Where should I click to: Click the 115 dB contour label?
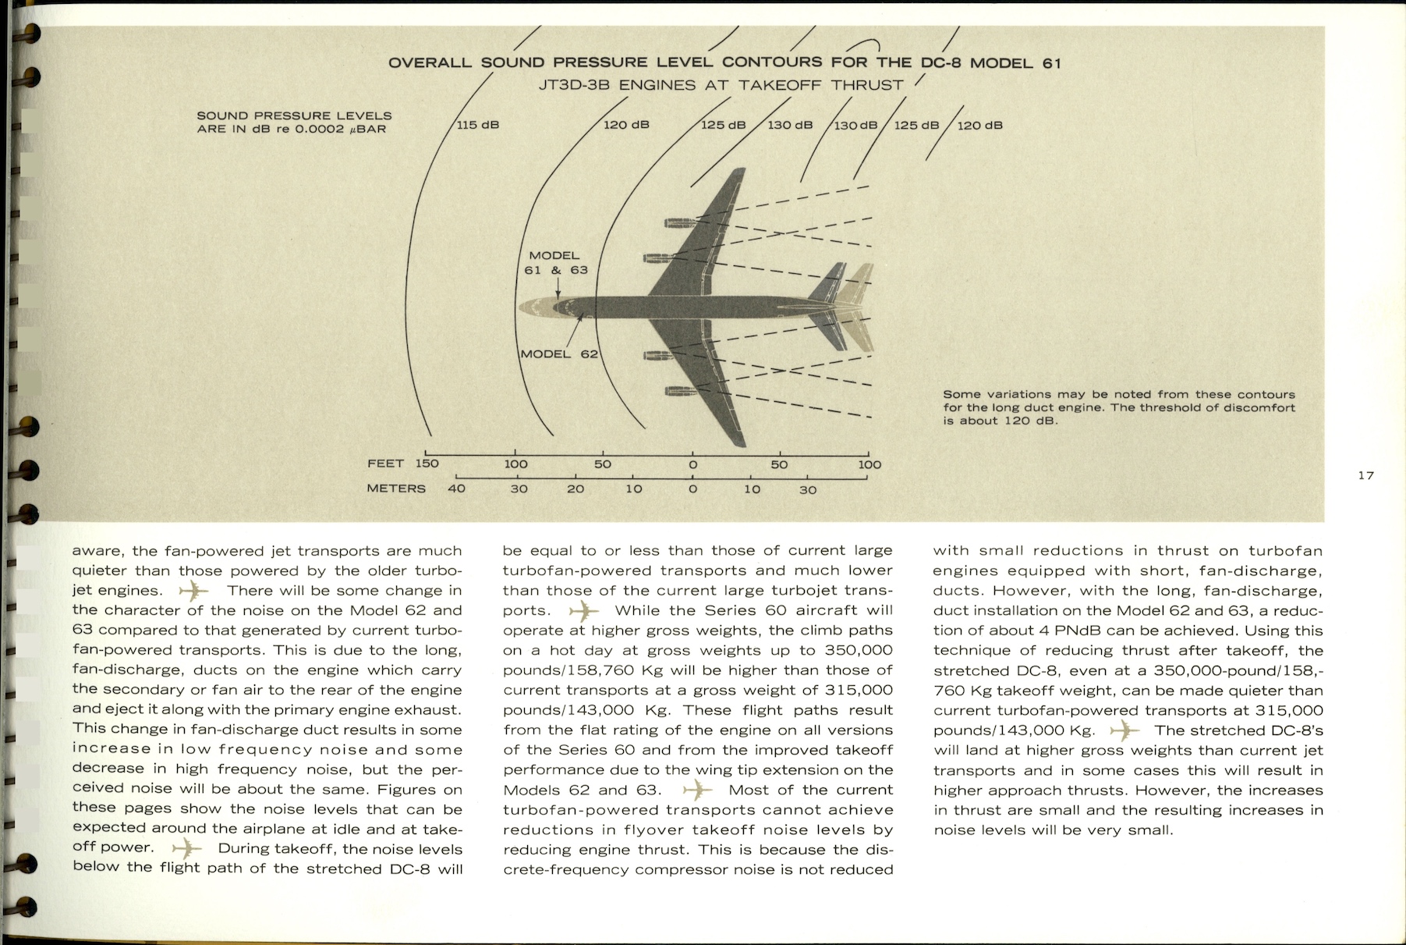(x=477, y=125)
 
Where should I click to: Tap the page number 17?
(x=1365, y=475)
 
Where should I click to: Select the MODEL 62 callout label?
(x=558, y=354)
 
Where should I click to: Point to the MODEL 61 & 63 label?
(x=555, y=263)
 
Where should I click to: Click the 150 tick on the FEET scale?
(x=427, y=464)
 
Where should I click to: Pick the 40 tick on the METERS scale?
(x=456, y=488)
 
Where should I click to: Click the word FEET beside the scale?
(x=385, y=464)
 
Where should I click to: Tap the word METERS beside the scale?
(x=396, y=488)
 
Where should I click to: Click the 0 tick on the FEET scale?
(x=692, y=464)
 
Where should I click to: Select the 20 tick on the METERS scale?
(x=576, y=488)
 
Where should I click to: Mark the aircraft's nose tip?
(x=518, y=307)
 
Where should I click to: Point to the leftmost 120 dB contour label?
(x=626, y=125)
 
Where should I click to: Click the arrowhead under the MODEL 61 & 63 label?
(x=558, y=295)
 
